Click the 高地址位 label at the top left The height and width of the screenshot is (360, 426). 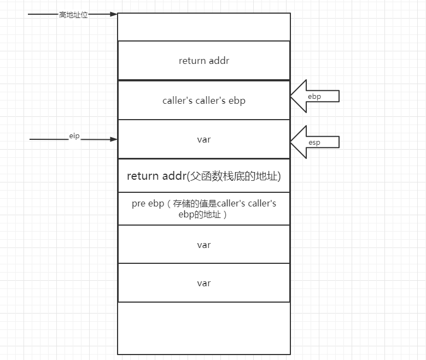tap(73, 15)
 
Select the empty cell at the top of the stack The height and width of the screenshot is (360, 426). tap(204, 27)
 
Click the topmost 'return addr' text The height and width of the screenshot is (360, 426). tap(204, 61)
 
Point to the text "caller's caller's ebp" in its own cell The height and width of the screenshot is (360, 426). tap(204, 101)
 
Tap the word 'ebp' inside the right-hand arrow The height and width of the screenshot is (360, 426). tap(314, 97)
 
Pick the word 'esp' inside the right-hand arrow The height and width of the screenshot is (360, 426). tap(314, 143)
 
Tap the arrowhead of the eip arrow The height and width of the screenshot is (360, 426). tap(114, 139)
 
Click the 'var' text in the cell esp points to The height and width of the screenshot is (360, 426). tap(204, 139)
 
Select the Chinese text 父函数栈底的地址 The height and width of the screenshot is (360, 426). tap(235, 176)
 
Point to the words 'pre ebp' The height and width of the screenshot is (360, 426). tap(148, 204)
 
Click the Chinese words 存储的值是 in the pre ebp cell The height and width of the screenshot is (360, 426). tap(195, 204)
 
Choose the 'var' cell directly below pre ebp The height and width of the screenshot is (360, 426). tap(204, 245)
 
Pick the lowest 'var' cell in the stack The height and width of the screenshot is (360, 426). tap(204, 283)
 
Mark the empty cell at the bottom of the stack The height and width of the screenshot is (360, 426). tap(204, 328)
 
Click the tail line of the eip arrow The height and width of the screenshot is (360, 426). tap(49, 139)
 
